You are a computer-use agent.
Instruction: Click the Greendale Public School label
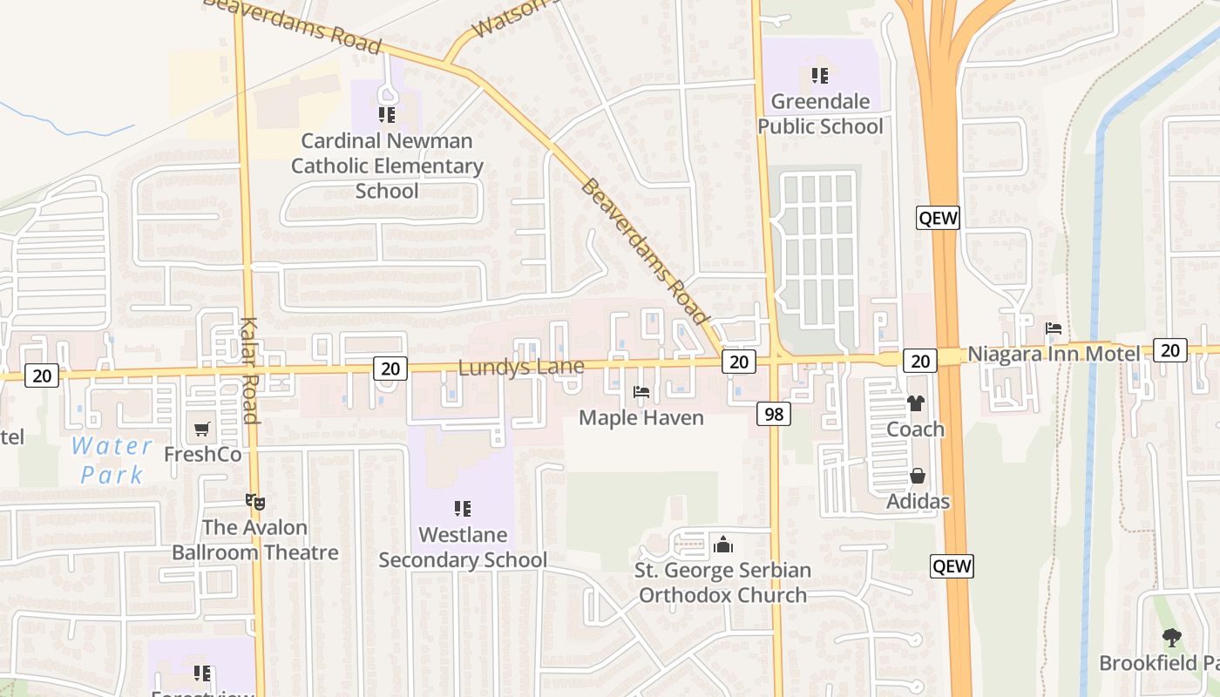[x=819, y=114]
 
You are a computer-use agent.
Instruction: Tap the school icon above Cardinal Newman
[x=387, y=114]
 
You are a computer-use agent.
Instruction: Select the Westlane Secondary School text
[x=463, y=547]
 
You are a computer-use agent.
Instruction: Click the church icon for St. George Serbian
[x=722, y=545]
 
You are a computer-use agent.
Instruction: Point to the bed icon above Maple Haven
[x=641, y=392]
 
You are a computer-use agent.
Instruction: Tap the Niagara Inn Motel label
[x=1054, y=354]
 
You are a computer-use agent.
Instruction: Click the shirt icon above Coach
[x=915, y=403]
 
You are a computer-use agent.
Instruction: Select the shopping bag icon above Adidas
[x=918, y=476]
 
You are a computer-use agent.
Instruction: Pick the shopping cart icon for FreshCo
[x=202, y=429]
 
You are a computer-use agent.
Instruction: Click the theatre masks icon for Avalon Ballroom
[x=254, y=502]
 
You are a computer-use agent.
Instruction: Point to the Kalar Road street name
[x=249, y=370]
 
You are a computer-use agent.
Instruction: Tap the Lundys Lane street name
[x=521, y=368]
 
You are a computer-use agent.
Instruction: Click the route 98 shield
[x=774, y=414]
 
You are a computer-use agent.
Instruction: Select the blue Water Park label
[x=112, y=460]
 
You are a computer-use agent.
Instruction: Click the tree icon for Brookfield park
[x=1172, y=638]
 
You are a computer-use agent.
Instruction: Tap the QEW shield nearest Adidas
[x=952, y=566]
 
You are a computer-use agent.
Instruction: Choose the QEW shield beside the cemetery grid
[x=938, y=218]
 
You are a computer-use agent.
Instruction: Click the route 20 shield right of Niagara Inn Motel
[x=1170, y=350]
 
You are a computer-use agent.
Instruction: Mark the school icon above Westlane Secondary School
[x=463, y=508]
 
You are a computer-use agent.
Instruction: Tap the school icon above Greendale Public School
[x=819, y=76]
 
